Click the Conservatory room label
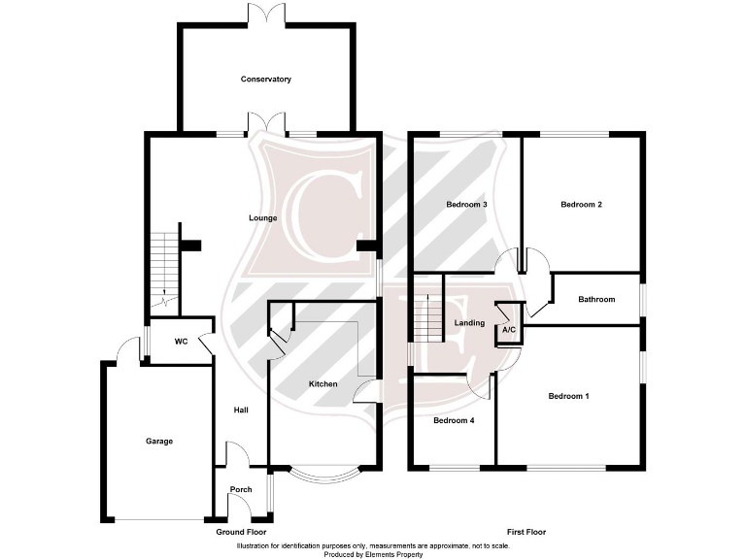coord(266,80)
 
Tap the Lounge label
coord(263,218)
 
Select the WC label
coord(181,342)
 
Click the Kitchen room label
coord(323,384)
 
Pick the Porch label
coord(241,489)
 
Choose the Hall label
coord(241,411)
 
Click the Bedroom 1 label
coord(568,396)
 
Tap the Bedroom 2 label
coord(582,205)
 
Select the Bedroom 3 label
coord(466,205)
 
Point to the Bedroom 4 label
coord(454,421)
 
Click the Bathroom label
coord(596,300)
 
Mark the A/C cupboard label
coord(509,331)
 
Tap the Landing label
coord(470,323)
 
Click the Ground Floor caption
coord(241,533)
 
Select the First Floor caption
coord(526,533)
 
